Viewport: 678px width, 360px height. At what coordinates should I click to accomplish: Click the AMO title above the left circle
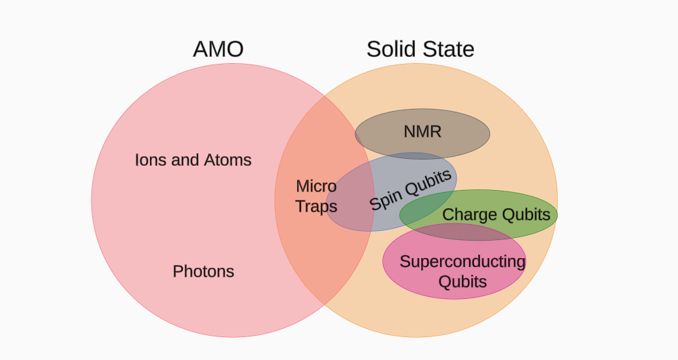tap(218, 49)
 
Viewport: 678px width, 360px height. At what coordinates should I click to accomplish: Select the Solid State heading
tap(420, 49)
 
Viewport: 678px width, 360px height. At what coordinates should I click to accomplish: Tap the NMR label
tap(422, 131)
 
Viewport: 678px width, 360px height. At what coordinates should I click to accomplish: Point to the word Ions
tap(151, 160)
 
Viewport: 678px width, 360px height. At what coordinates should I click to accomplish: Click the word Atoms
tap(228, 160)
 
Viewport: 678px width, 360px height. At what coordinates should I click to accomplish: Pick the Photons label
tap(203, 271)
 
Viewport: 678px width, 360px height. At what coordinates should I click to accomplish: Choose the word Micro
tap(316, 186)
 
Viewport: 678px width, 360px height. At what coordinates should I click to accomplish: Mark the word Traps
tap(316, 207)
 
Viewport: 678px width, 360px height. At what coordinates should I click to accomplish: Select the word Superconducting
tap(462, 262)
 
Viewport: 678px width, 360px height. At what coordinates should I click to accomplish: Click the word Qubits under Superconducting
tap(462, 282)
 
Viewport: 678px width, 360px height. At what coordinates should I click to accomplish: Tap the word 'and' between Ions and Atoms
tap(185, 160)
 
